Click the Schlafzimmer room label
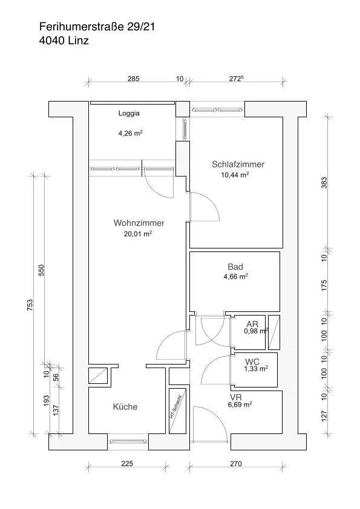pyautogui.click(x=238, y=164)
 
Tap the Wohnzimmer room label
pyautogui.click(x=139, y=223)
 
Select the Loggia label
pyautogui.click(x=129, y=113)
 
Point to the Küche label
pyautogui.click(x=125, y=407)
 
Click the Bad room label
pyautogui.click(x=235, y=267)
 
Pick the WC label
pyautogui.click(x=252, y=361)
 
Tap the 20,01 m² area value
pyautogui.click(x=138, y=234)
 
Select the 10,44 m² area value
pyautogui.click(x=235, y=175)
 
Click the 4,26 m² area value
pyautogui.click(x=130, y=133)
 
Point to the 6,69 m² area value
pyautogui.click(x=240, y=404)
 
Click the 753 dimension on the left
pyautogui.click(x=30, y=305)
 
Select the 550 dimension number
pyautogui.click(x=41, y=270)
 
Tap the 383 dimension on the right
pyautogui.click(x=324, y=183)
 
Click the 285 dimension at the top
pyautogui.click(x=133, y=79)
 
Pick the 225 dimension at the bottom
pyautogui.click(x=127, y=464)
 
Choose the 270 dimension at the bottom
pyautogui.click(x=236, y=464)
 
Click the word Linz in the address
pyautogui.click(x=78, y=41)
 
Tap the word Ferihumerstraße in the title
pyautogui.click(x=82, y=27)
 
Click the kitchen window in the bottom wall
pyautogui.click(x=128, y=441)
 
